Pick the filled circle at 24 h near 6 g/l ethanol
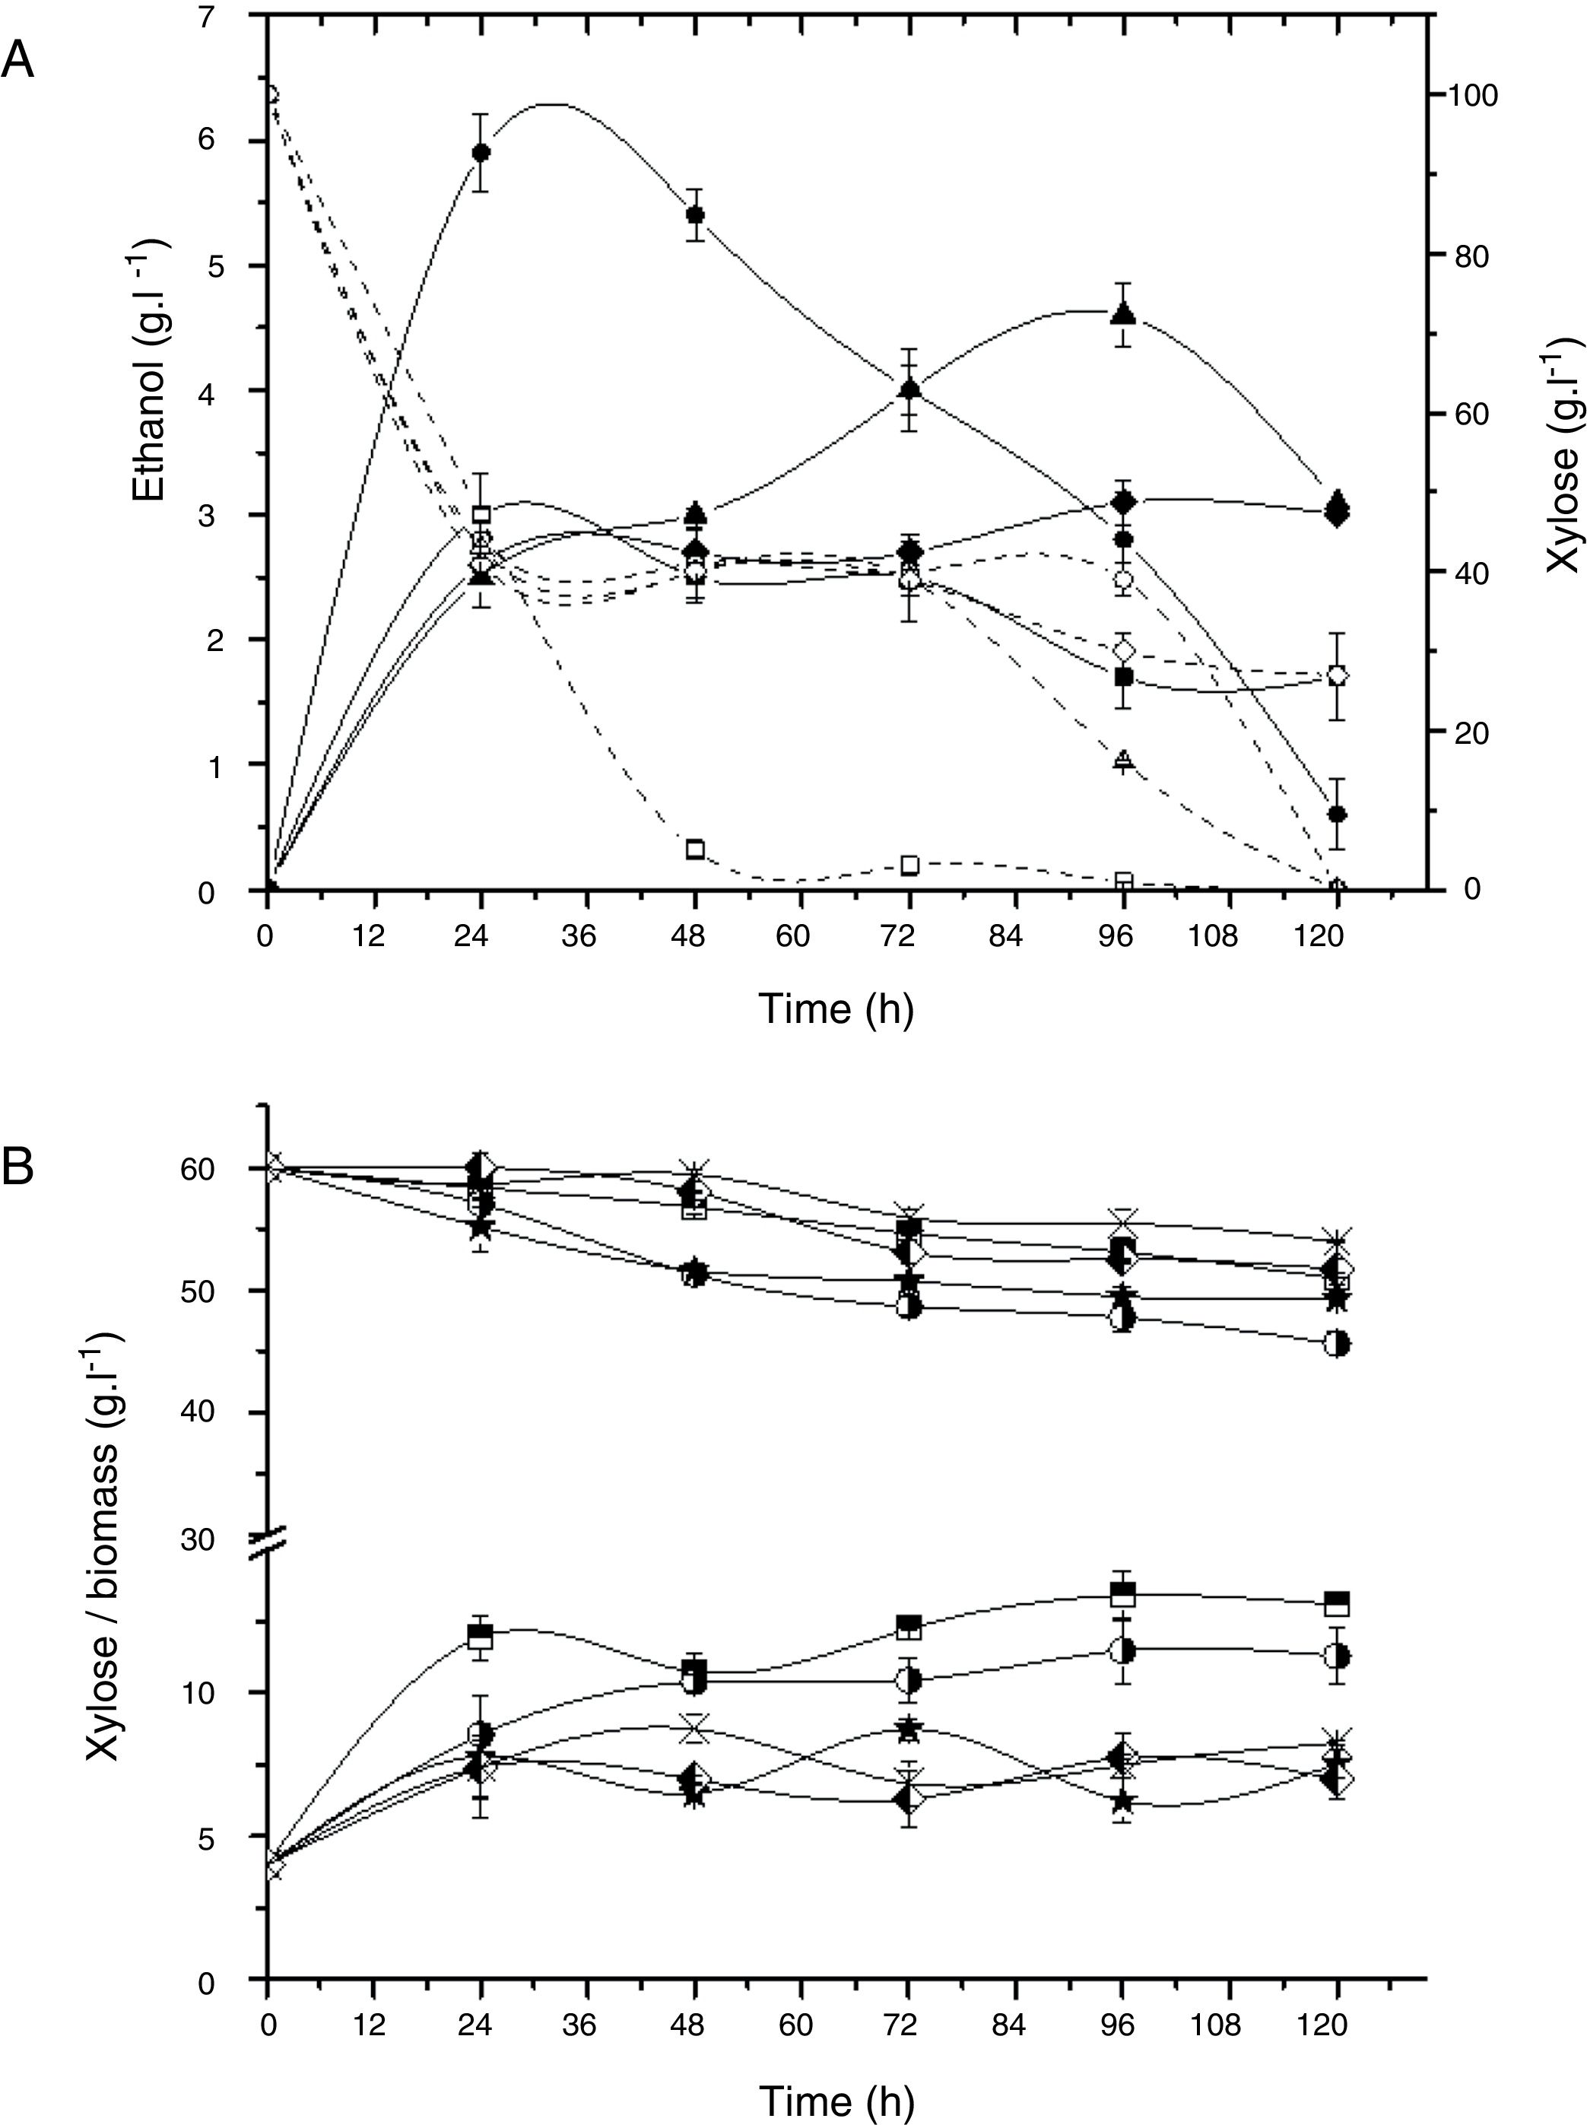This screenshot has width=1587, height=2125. click(x=481, y=152)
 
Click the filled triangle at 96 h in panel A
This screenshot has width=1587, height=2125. click(x=1123, y=313)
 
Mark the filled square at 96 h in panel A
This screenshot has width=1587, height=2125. click(x=1123, y=676)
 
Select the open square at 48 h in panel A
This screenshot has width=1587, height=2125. click(x=696, y=850)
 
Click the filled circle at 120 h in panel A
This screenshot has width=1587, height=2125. click(x=1336, y=814)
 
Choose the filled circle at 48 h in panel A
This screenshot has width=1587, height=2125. click(x=696, y=214)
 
